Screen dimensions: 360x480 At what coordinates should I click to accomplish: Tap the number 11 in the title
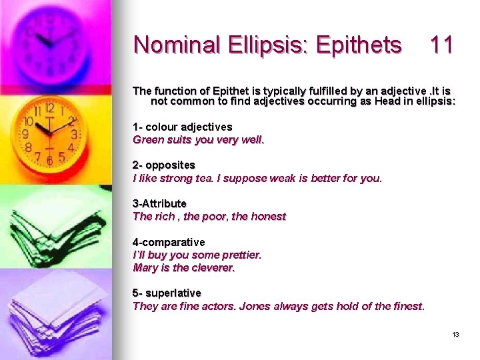(442, 45)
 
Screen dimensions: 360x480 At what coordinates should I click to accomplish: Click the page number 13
(456, 335)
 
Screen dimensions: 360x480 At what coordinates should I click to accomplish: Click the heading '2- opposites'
(164, 165)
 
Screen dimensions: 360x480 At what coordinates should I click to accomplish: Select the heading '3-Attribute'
(160, 204)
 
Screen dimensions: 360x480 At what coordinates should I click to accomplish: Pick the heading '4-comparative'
(169, 242)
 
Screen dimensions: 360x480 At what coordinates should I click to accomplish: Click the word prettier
(239, 255)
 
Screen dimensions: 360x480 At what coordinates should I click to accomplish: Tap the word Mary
(145, 267)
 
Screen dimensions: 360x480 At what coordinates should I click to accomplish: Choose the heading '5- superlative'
(167, 293)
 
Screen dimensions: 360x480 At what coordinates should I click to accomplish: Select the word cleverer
(213, 267)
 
